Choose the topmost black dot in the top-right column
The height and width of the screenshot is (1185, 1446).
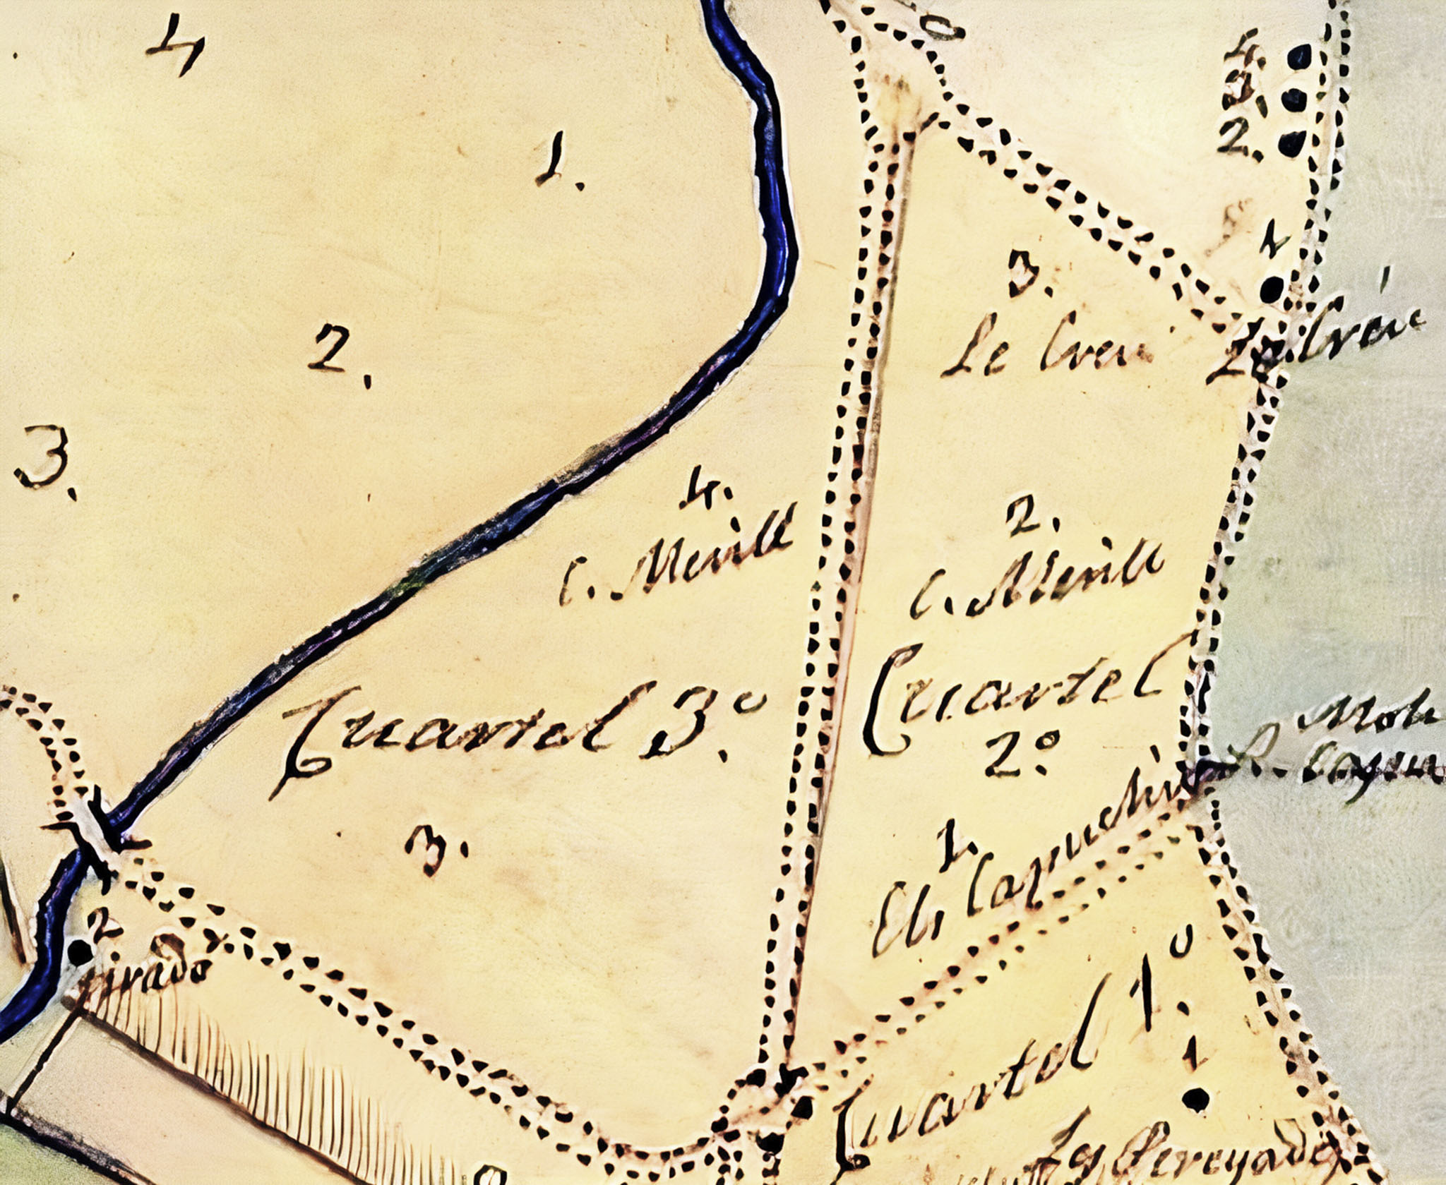(1299, 56)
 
